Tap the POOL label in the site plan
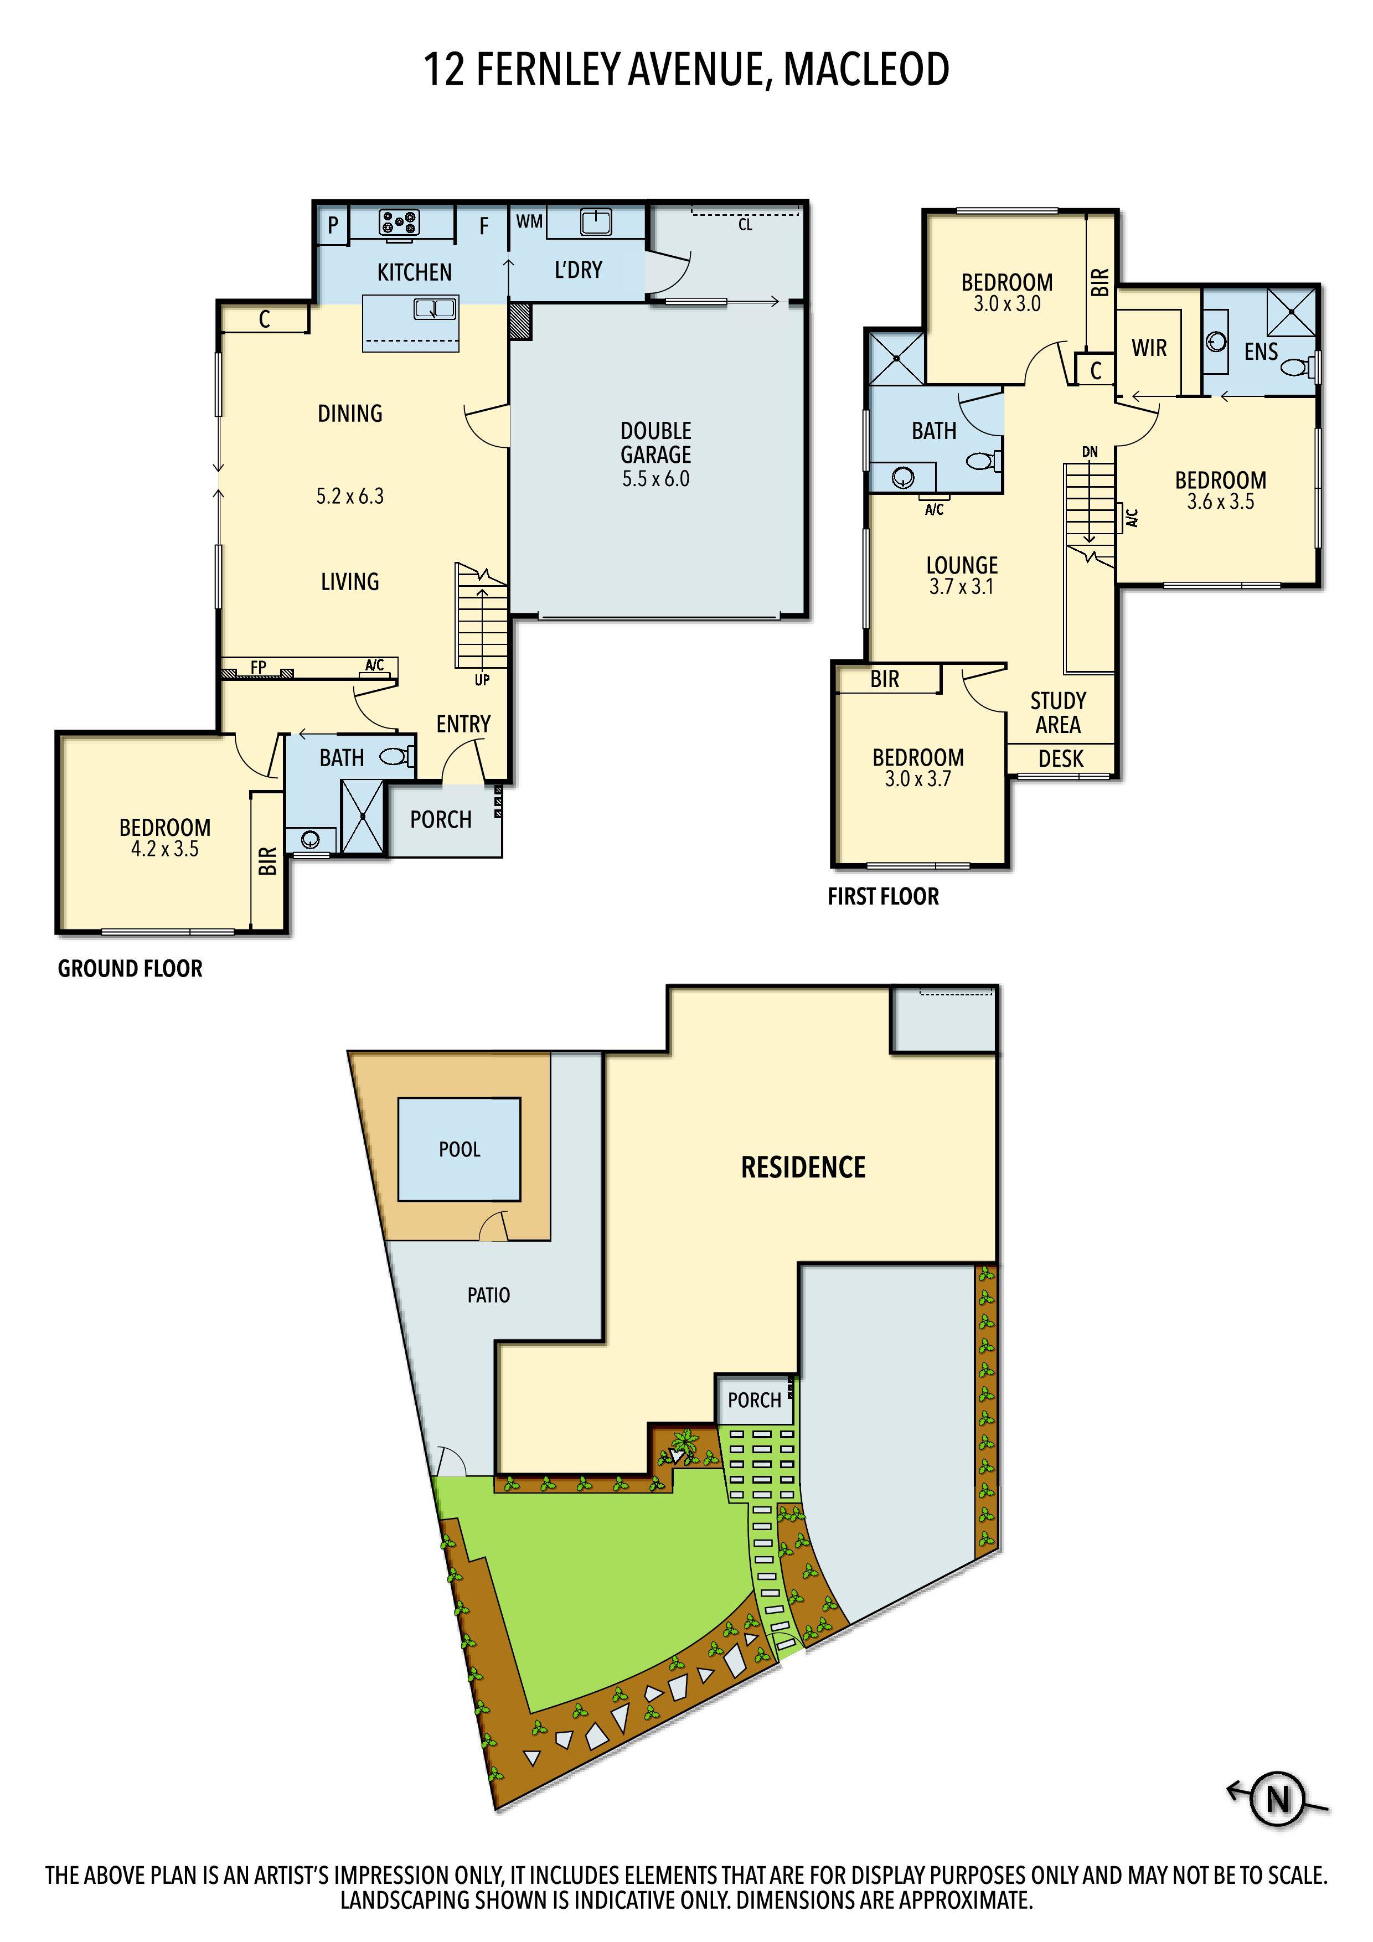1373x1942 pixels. (460, 1149)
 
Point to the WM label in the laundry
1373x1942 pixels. (530, 221)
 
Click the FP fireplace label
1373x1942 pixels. (258, 667)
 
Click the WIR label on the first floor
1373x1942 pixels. (1149, 348)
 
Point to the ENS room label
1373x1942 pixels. (1261, 352)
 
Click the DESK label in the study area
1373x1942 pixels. (1061, 759)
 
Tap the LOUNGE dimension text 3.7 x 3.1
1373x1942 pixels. (962, 586)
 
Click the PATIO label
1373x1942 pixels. (488, 1295)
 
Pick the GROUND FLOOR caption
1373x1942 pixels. (130, 968)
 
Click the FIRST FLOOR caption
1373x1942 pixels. (883, 897)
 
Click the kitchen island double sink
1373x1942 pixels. (435, 309)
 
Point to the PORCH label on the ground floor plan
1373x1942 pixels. (441, 820)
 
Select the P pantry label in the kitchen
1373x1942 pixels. (333, 225)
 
